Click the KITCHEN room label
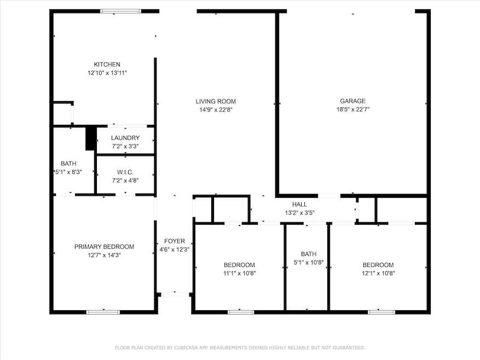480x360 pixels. pos(107,65)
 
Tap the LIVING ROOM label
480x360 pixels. pos(216,101)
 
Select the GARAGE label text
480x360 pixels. pos(352,101)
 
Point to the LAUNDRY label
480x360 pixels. pos(125,138)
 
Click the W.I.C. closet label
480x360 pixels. pos(125,172)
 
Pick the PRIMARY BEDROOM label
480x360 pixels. pos(104,246)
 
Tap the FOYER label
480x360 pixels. pos(175,241)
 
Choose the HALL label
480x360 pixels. pos(299,204)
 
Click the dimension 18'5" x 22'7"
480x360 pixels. pos(353,109)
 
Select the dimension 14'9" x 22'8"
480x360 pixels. pos(216,110)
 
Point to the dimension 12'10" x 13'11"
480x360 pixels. pos(107,73)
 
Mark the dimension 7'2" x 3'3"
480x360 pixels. pos(125,146)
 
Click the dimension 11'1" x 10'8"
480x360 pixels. pos(239,274)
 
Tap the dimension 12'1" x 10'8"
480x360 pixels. pos(378,274)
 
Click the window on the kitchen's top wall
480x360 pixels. pos(120,11)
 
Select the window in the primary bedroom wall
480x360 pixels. pos(103,312)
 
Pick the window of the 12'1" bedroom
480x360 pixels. pos(381,312)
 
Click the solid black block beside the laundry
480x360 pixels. pos(90,138)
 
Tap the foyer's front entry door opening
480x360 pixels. pos(175,294)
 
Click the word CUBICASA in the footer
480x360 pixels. pos(186,348)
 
